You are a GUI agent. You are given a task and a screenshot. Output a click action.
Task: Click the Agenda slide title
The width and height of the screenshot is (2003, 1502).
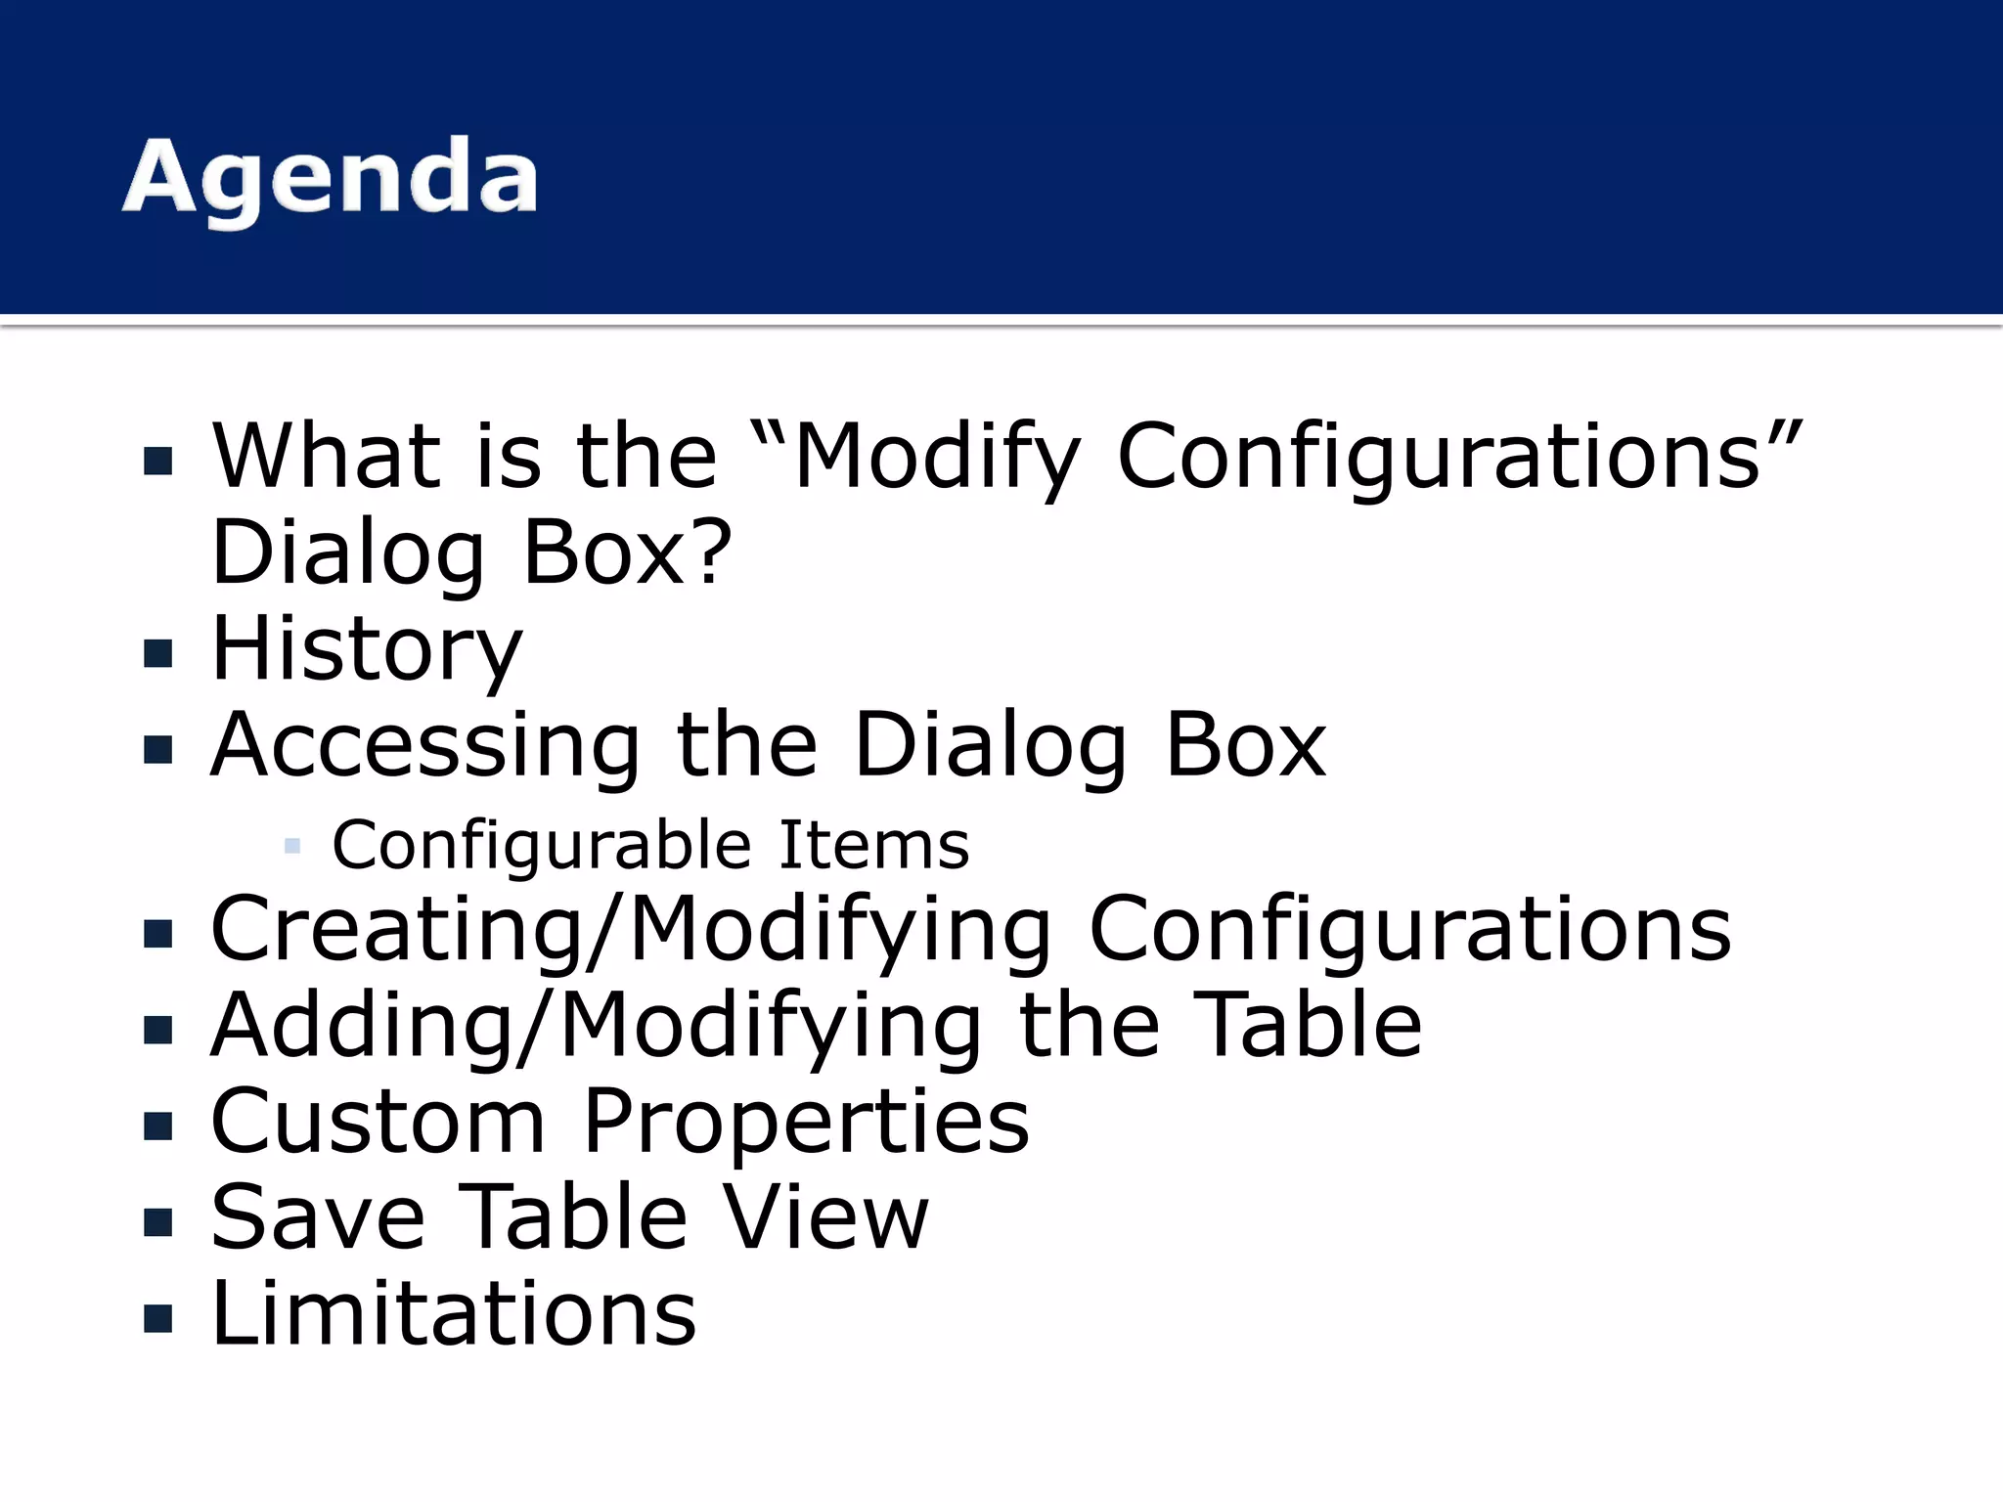pyautogui.click(x=330, y=178)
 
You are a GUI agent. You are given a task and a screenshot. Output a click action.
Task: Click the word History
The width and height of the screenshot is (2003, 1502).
pyautogui.click(x=367, y=650)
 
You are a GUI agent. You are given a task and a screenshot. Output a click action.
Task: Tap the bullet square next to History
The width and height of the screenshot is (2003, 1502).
pyautogui.click(x=157, y=653)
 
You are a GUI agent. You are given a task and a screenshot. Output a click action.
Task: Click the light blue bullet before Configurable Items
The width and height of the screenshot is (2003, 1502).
pyautogui.click(x=291, y=846)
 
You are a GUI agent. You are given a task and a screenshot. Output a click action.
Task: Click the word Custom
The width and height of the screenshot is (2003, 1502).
pyautogui.click(x=378, y=1123)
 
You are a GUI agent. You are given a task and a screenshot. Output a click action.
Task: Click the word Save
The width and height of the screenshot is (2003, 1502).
pyautogui.click(x=319, y=1217)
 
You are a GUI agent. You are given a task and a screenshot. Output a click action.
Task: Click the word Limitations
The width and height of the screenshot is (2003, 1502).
pyautogui.click(x=453, y=1313)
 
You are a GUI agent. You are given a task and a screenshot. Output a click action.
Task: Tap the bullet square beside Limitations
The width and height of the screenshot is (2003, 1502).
pyautogui.click(x=157, y=1318)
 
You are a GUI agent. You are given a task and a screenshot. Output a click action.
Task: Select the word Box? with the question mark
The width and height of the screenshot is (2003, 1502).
pyautogui.click(x=627, y=553)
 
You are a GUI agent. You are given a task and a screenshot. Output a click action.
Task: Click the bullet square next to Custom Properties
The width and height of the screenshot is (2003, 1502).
pyautogui.click(x=157, y=1126)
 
